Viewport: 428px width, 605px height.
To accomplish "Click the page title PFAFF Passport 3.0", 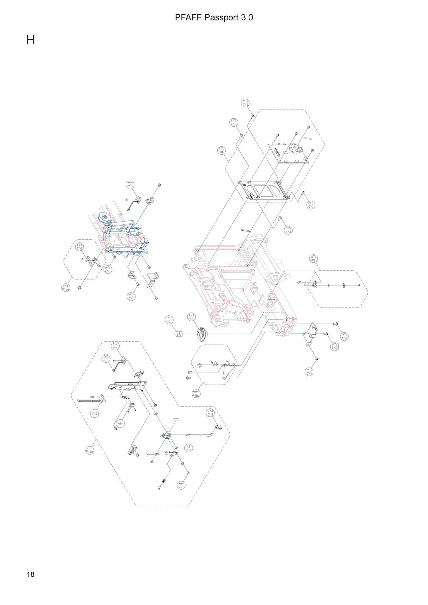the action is (214, 18).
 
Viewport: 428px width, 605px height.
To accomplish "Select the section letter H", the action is (31, 40).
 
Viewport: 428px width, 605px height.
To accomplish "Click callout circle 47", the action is (169, 320).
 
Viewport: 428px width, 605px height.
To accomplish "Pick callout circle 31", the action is (130, 185).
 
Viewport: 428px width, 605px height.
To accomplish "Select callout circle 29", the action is (80, 247).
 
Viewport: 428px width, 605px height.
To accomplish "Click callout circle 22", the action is (210, 412).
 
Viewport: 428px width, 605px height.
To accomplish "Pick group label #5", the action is (313, 259).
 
